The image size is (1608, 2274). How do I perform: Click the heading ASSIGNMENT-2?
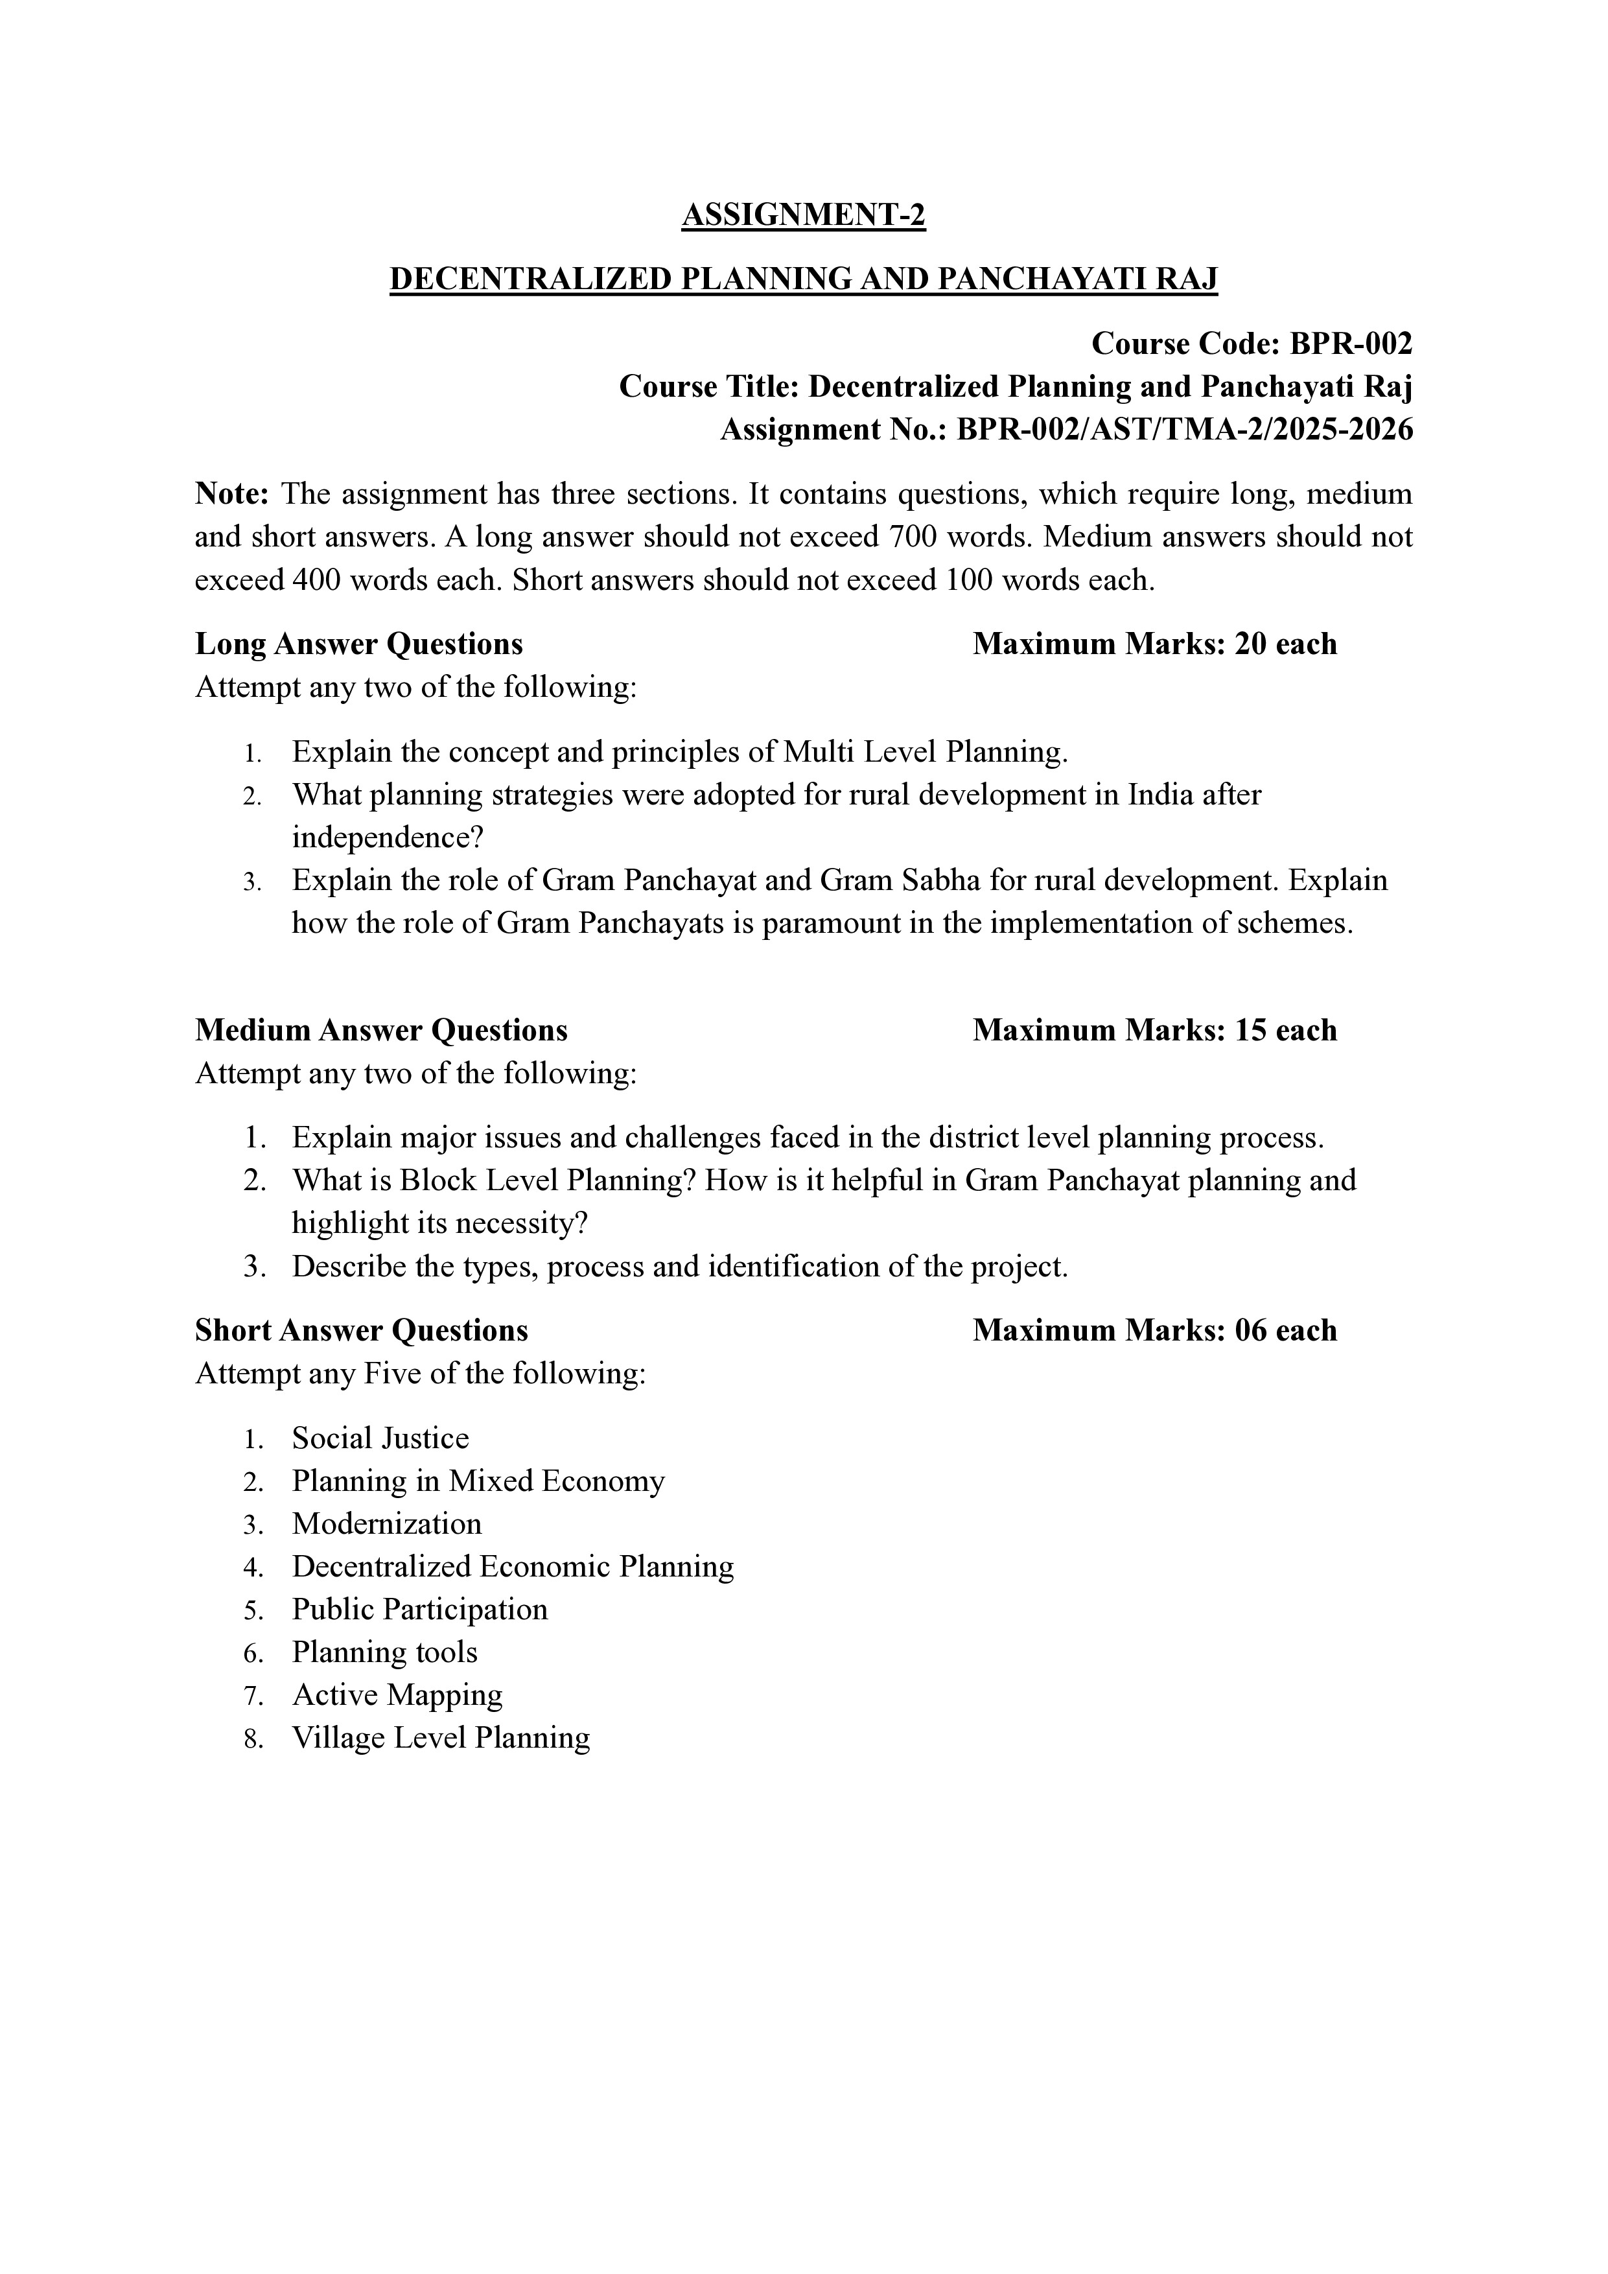pyautogui.click(x=803, y=215)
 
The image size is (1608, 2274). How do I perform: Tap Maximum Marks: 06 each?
pyautogui.click(x=1154, y=1330)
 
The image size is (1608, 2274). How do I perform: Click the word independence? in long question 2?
pyautogui.click(x=387, y=838)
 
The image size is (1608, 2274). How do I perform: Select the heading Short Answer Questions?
pyautogui.click(x=362, y=1330)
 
